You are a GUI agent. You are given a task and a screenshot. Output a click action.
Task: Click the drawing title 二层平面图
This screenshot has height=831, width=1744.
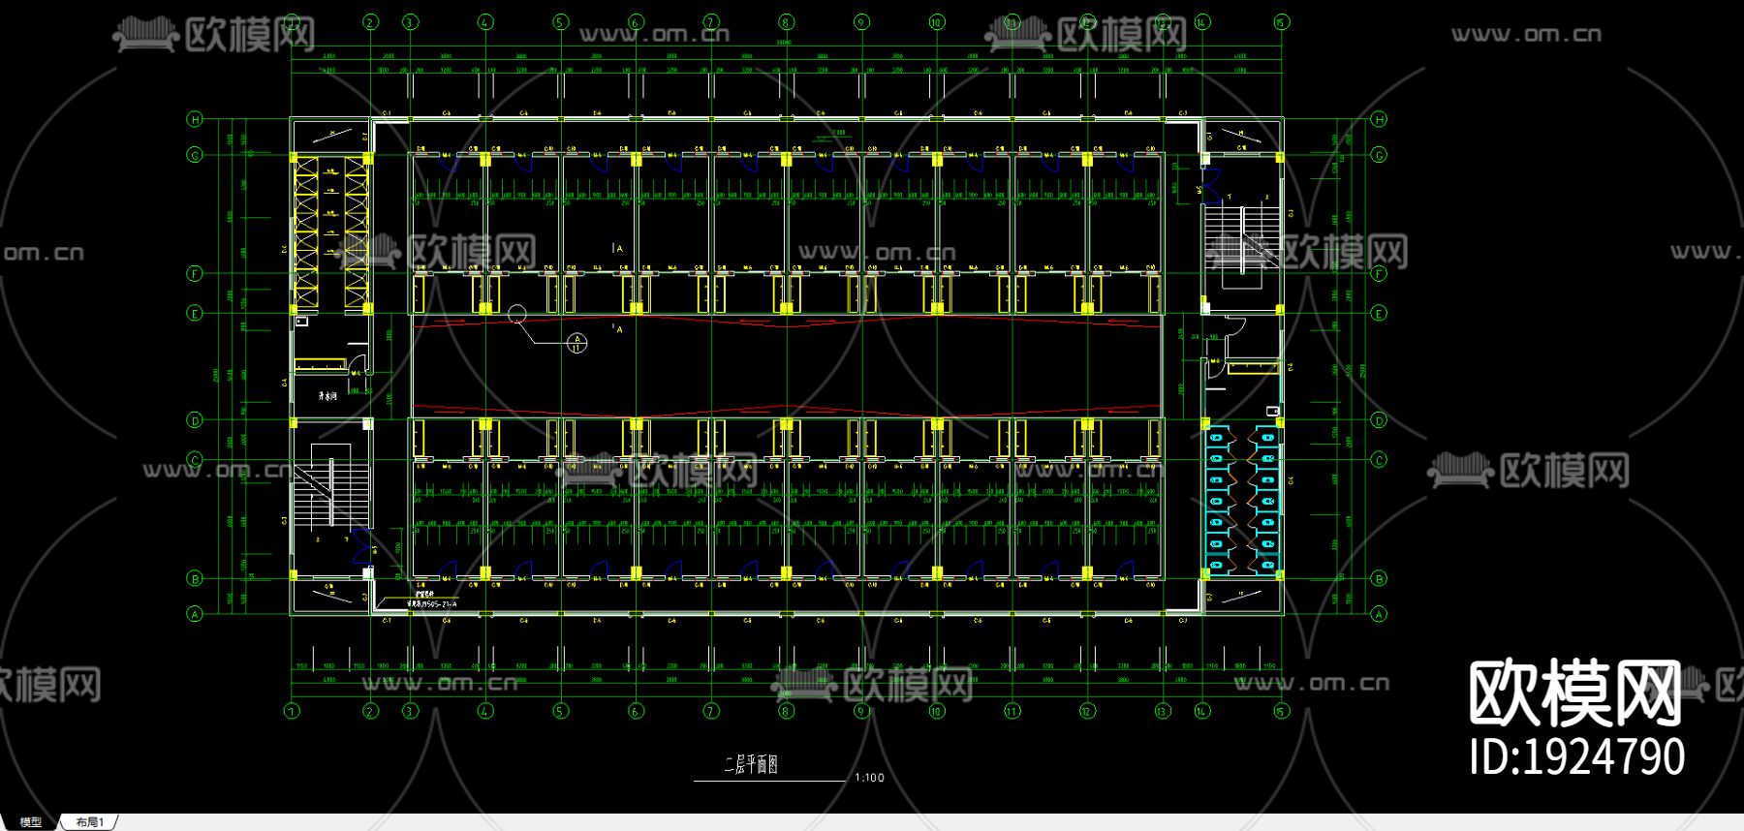[751, 765]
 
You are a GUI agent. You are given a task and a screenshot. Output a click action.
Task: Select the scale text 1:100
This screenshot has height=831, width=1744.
[869, 778]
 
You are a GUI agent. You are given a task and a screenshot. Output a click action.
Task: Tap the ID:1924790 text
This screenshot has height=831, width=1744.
[1576, 756]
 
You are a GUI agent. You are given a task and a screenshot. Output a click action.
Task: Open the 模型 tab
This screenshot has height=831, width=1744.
[31, 822]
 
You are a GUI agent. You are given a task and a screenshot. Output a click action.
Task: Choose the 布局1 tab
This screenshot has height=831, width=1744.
[89, 822]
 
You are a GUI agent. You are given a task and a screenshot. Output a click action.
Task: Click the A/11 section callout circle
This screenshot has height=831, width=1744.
[576, 342]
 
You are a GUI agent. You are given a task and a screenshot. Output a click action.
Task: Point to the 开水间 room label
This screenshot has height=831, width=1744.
[328, 396]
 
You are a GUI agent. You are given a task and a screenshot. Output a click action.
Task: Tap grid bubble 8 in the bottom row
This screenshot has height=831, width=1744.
[786, 711]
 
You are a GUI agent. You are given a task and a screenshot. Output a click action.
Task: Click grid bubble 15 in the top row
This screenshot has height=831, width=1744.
[1281, 21]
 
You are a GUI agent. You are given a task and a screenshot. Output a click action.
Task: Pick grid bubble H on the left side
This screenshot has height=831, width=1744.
[195, 119]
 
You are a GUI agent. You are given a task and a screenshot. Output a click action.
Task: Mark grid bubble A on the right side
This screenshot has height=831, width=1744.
[1379, 614]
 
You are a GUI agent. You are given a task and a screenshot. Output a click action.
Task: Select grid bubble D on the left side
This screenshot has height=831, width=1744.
[195, 420]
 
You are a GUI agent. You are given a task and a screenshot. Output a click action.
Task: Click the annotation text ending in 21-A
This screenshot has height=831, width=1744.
[432, 603]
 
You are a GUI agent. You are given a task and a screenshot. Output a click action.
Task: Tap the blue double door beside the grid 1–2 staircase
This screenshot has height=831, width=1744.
[363, 546]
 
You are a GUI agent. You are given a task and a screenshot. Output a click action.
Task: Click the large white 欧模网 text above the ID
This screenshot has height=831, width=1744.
[1574, 693]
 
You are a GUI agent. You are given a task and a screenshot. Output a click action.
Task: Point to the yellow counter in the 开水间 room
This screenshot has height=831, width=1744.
[320, 364]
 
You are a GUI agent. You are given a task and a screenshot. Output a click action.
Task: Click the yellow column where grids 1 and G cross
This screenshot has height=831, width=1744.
[295, 157]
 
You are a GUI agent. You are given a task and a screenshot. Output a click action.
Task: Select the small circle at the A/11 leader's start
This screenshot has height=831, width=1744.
[516, 313]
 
